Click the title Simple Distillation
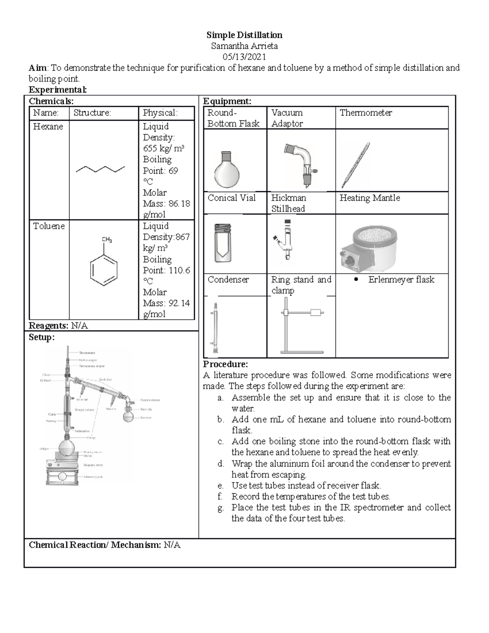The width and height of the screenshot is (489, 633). coord(244,35)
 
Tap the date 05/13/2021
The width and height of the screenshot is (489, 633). coord(244,57)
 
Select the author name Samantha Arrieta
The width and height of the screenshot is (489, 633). coord(244,46)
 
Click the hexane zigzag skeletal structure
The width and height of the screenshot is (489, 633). coord(100,170)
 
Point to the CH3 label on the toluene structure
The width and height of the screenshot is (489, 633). coord(107,240)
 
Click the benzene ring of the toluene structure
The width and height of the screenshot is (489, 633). coord(104,268)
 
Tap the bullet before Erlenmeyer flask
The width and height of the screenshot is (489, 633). coord(356,280)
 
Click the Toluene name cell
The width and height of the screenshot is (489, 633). coord(49,226)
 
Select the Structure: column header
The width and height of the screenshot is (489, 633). coord(92,113)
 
